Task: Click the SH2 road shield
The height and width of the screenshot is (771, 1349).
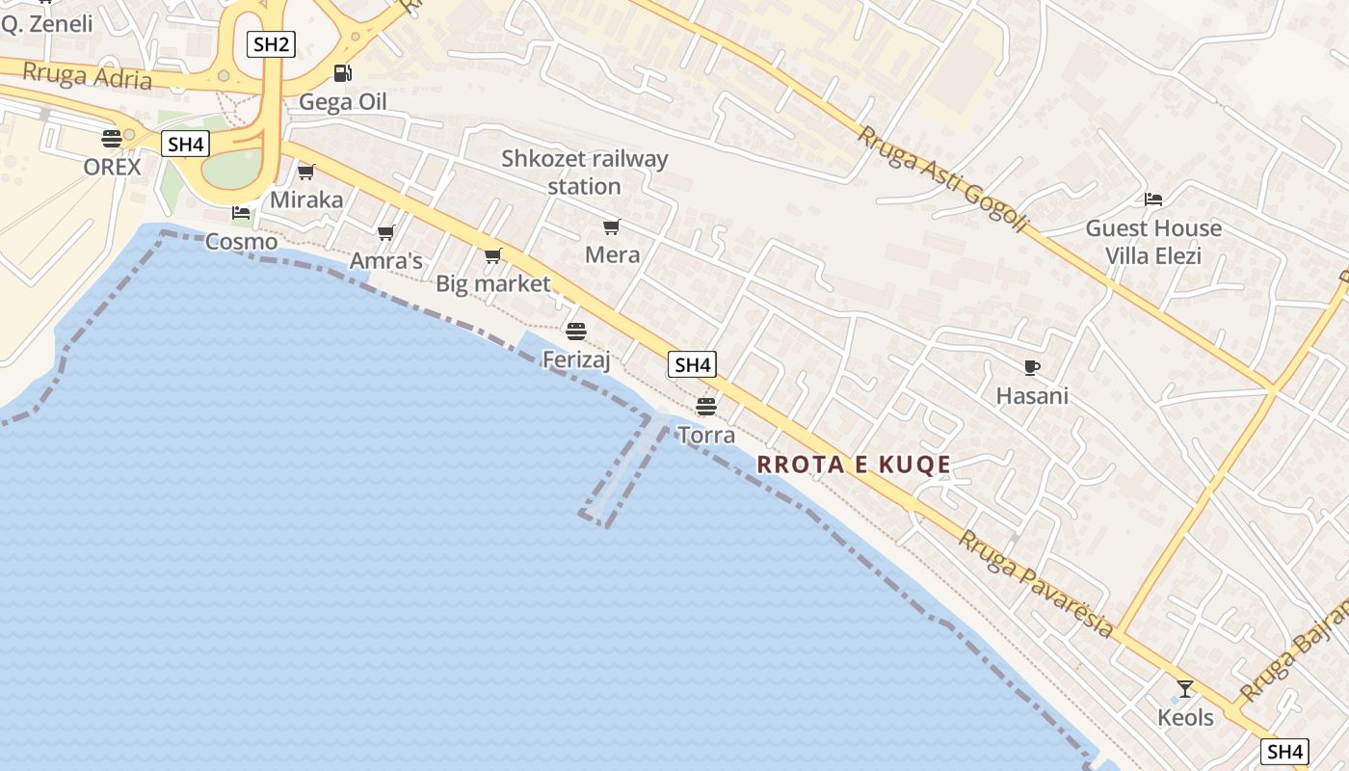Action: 270,43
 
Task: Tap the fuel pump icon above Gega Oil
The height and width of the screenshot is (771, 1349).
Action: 342,73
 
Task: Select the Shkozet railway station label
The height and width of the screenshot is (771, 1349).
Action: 584,172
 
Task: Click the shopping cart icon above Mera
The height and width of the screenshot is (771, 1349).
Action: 612,227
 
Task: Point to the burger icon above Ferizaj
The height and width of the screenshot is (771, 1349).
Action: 576,332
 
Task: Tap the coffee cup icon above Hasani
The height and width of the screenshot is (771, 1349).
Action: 1032,367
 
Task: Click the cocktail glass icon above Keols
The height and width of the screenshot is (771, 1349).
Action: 1185,689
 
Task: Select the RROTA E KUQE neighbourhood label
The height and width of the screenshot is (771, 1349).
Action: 854,465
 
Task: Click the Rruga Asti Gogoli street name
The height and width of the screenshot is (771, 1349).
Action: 942,179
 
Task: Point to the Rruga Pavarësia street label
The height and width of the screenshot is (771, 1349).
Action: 1036,584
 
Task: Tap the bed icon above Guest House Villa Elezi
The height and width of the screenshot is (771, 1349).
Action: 1153,199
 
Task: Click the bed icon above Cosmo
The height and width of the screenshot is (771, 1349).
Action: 241,213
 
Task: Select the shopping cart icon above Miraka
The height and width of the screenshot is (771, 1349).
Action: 306,172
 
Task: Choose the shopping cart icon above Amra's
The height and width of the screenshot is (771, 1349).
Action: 386,232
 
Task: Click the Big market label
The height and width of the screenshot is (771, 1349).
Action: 492,283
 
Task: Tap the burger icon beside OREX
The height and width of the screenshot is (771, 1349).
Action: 112,138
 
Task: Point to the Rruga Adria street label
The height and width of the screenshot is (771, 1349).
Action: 88,75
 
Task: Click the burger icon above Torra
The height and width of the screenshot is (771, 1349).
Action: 706,407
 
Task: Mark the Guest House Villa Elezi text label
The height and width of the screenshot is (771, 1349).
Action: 1153,242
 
